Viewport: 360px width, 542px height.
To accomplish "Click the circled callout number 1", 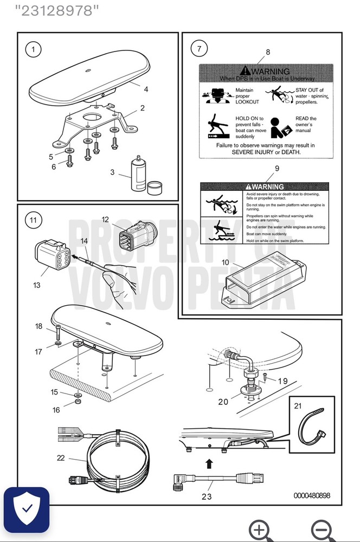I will pyautogui.click(x=33, y=49).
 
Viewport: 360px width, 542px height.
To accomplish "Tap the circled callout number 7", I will pyautogui.click(x=199, y=49).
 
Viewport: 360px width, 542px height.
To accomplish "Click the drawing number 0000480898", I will pyautogui.click(x=311, y=495).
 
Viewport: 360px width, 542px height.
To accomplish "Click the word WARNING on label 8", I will pyautogui.click(x=271, y=72).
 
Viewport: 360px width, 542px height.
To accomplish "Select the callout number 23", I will pyautogui.click(x=207, y=496).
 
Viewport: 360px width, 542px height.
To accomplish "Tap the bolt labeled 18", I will pyautogui.click(x=56, y=333).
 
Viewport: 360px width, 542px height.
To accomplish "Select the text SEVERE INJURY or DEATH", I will pyautogui.click(x=266, y=152).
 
